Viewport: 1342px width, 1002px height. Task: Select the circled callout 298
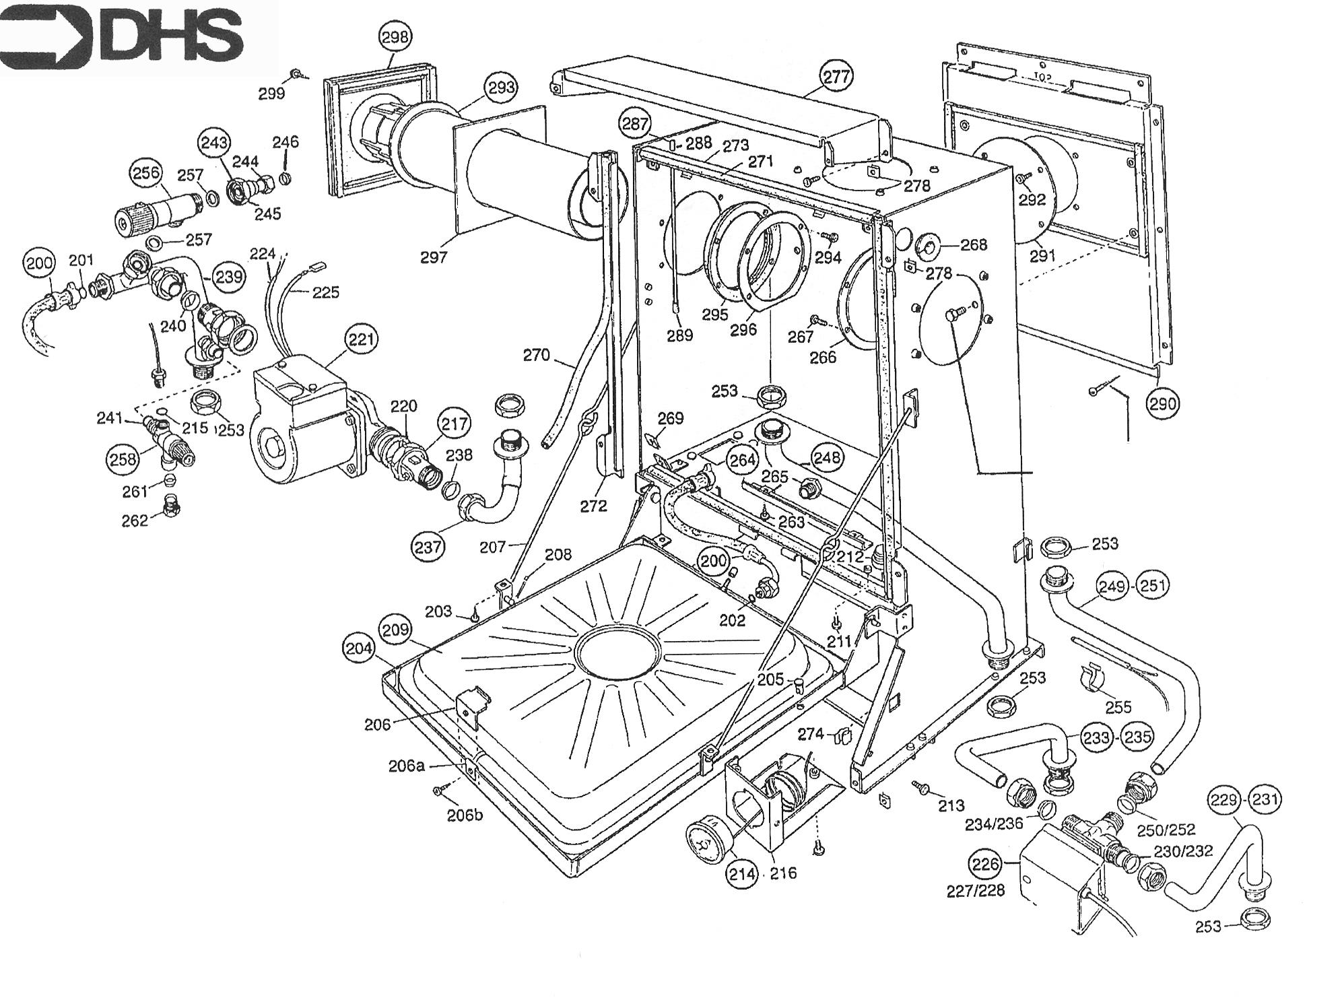point(395,37)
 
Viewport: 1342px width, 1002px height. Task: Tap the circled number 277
point(837,76)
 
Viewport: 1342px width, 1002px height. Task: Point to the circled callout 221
point(361,339)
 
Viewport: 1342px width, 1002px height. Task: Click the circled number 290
point(1164,403)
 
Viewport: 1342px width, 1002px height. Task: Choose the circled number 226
point(984,864)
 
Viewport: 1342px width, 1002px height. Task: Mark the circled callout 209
point(396,630)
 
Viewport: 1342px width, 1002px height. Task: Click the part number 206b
point(465,815)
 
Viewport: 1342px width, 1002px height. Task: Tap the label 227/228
point(976,890)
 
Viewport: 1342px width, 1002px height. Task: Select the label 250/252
point(1166,830)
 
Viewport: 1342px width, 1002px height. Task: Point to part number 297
point(433,257)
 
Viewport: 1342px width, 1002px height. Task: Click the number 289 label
point(679,335)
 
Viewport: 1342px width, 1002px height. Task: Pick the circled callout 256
point(146,173)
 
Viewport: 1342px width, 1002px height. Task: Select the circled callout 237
point(429,547)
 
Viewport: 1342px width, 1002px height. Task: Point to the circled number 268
point(973,244)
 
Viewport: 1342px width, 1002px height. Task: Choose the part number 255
point(1118,706)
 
